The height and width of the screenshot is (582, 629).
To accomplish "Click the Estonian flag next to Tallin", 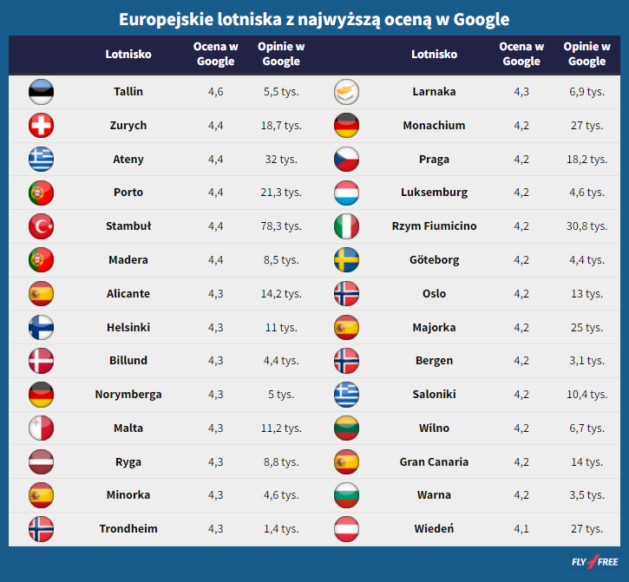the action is coord(41,92).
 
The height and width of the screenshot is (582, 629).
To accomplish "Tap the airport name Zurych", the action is coord(128,126).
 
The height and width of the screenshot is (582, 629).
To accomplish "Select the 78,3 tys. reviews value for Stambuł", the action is coord(281,226).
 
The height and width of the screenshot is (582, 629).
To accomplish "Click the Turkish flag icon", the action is coord(41,226).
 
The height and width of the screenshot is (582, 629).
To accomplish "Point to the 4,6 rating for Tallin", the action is coord(215,92).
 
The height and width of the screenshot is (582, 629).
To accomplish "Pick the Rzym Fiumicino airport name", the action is coord(434,226).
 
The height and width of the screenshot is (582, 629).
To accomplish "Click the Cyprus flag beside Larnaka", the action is coord(346,92).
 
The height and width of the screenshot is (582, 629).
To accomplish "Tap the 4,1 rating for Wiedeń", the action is coord(521,528).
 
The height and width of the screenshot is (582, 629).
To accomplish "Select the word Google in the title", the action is coord(482,19).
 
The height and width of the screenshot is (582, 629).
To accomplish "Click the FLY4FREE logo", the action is coord(595,561).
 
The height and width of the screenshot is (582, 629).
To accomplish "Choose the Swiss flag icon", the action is coord(41,126).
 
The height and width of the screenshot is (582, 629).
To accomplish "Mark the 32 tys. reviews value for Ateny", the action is coord(281,160).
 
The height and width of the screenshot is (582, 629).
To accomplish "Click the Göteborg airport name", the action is coord(434,260).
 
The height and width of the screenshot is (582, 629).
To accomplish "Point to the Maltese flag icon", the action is coord(41,428).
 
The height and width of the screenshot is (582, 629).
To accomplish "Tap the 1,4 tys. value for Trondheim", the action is coord(281,528).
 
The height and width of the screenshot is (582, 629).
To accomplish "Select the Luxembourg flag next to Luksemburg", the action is coord(346,193).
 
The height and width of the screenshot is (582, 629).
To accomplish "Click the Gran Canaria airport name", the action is coord(434,462).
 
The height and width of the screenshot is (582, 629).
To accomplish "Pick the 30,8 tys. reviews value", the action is coord(586,226).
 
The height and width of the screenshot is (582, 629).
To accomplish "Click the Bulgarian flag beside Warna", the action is coord(346,495).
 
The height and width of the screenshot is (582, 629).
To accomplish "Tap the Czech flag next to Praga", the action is coord(346,160).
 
